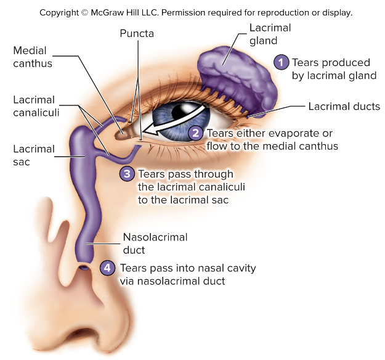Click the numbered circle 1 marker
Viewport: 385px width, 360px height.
281,62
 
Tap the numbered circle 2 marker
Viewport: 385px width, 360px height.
196,133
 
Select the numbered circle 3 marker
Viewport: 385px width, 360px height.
127,174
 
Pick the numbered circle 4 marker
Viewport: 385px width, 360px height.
107,268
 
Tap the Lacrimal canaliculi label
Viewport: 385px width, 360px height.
34,105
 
